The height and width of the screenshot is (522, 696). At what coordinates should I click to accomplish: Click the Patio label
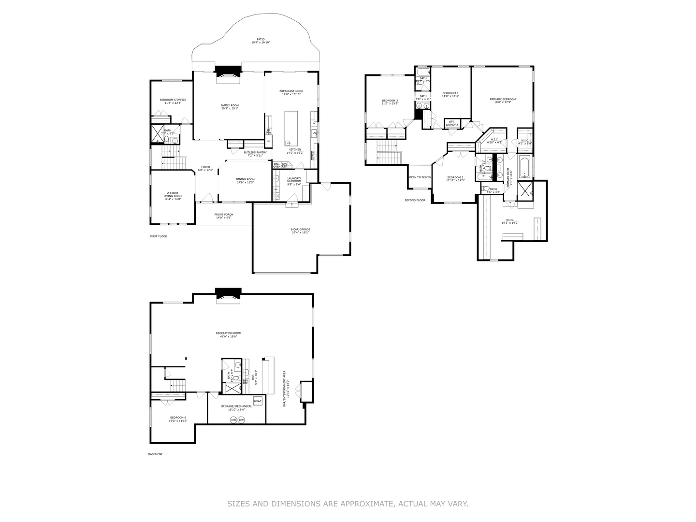tap(261, 41)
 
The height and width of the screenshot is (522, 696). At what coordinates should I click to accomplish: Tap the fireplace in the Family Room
tap(228, 72)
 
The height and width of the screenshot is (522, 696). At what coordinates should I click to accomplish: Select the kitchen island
tap(291, 128)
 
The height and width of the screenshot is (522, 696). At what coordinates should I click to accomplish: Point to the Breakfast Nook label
tap(291, 92)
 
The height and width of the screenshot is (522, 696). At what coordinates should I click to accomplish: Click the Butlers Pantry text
tap(255, 154)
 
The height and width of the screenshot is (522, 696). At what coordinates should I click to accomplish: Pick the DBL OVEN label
tap(276, 165)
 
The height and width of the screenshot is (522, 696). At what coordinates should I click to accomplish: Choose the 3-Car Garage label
tap(300, 231)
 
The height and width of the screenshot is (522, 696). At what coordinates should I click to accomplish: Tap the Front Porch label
tap(224, 216)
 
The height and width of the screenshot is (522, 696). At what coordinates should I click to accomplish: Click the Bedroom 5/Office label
tap(173, 101)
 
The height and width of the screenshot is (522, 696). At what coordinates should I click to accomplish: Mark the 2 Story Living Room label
tap(173, 196)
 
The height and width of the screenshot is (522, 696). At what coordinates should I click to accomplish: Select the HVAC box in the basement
tap(258, 401)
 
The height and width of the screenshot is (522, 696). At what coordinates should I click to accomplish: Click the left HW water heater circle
tap(233, 420)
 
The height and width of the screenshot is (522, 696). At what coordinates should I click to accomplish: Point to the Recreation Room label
tap(228, 334)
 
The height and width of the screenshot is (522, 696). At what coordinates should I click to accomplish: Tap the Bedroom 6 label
tap(177, 419)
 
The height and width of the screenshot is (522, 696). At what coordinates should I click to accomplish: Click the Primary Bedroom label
tap(502, 101)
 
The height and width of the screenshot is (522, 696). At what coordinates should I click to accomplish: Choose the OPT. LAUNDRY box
tap(452, 123)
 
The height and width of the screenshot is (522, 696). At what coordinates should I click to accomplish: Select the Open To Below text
tap(420, 177)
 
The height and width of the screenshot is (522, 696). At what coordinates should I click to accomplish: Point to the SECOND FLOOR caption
tap(415, 200)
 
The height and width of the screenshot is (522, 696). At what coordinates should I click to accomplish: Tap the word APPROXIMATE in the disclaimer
tap(367, 504)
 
